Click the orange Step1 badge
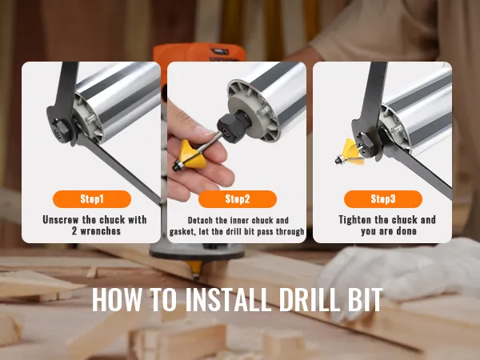tap(92, 198)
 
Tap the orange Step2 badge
tap(238, 199)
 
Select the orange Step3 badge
tap(383, 198)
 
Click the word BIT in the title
tap(364, 298)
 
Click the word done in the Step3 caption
tap(407, 231)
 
